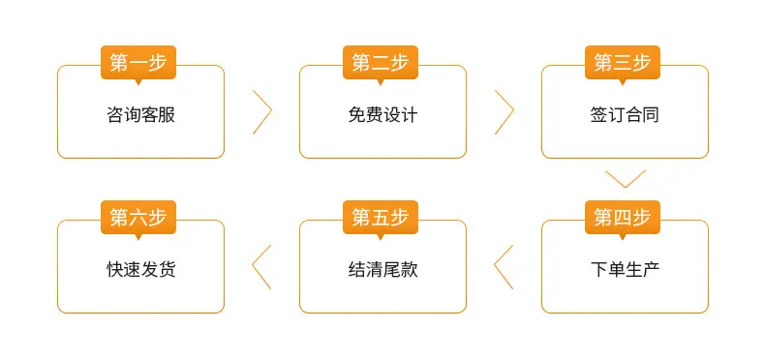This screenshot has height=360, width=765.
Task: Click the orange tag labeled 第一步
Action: [x=138, y=63]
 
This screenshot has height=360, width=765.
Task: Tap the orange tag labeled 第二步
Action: [x=381, y=63]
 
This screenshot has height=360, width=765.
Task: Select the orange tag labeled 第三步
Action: [x=623, y=63]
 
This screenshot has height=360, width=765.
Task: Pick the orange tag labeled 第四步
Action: [x=623, y=218]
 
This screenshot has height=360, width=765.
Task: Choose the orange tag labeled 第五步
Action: [x=381, y=218]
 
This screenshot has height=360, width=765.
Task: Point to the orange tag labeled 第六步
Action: [x=138, y=218]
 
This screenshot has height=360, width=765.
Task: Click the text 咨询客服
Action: [x=141, y=115]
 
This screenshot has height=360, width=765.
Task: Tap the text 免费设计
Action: [x=383, y=115]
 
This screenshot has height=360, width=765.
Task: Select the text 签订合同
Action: [x=625, y=115]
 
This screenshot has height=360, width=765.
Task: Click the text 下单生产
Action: [x=625, y=270]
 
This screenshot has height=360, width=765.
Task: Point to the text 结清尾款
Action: [x=383, y=270]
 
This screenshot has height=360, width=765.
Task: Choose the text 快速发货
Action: [x=141, y=270]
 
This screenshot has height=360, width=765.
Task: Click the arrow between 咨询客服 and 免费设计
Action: [x=271, y=111]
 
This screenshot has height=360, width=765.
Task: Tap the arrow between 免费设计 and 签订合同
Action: [x=513, y=111]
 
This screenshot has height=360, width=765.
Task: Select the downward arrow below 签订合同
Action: [x=626, y=187]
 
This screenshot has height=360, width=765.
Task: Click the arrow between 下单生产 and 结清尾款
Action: [x=495, y=267]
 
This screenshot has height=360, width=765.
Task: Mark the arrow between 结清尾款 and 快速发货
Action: [x=253, y=267]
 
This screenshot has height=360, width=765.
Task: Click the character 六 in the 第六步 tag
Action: [x=138, y=218]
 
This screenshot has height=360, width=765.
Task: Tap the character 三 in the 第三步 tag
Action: [x=623, y=63]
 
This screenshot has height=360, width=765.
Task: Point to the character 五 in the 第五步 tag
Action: [x=381, y=218]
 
